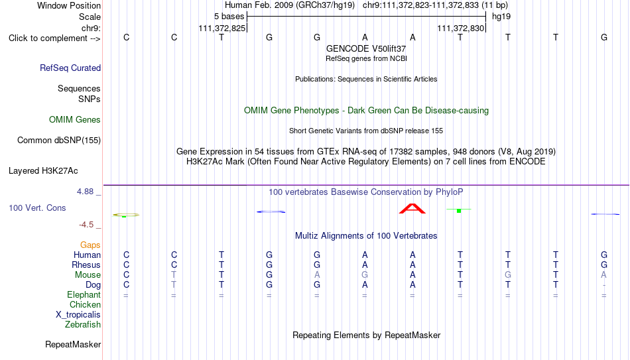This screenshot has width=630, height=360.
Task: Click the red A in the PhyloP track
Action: (x=412, y=209)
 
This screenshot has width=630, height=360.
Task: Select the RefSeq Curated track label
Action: (x=70, y=68)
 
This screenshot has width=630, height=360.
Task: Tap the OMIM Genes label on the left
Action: (x=75, y=120)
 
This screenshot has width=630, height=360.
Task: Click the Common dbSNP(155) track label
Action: (x=59, y=141)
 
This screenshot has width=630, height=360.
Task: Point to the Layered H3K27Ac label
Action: (x=43, y=171)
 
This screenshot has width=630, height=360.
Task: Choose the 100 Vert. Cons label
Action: (x=37, y=208)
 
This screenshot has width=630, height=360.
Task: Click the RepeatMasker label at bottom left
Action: (x=73, y=344)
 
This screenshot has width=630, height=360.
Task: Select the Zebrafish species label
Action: (x=83, y=324)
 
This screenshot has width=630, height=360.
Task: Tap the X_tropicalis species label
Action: (x=78, y=315)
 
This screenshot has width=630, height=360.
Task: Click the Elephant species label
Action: (x=84, y=294)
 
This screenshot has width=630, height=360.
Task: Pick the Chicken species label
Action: (x=85, y=304)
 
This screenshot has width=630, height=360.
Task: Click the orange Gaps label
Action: (x=90, y=245)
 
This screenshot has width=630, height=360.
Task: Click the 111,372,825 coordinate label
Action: (x=221, y=29)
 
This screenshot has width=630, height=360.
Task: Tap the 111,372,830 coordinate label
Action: (x=460, y=29)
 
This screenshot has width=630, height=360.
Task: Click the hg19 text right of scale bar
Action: (x=501, y=17)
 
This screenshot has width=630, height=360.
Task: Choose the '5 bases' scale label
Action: (x=229, y=17)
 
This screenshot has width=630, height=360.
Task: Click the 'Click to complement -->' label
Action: (x=54, y=38)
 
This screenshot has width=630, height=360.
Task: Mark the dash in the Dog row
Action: (x=604, y=286)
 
